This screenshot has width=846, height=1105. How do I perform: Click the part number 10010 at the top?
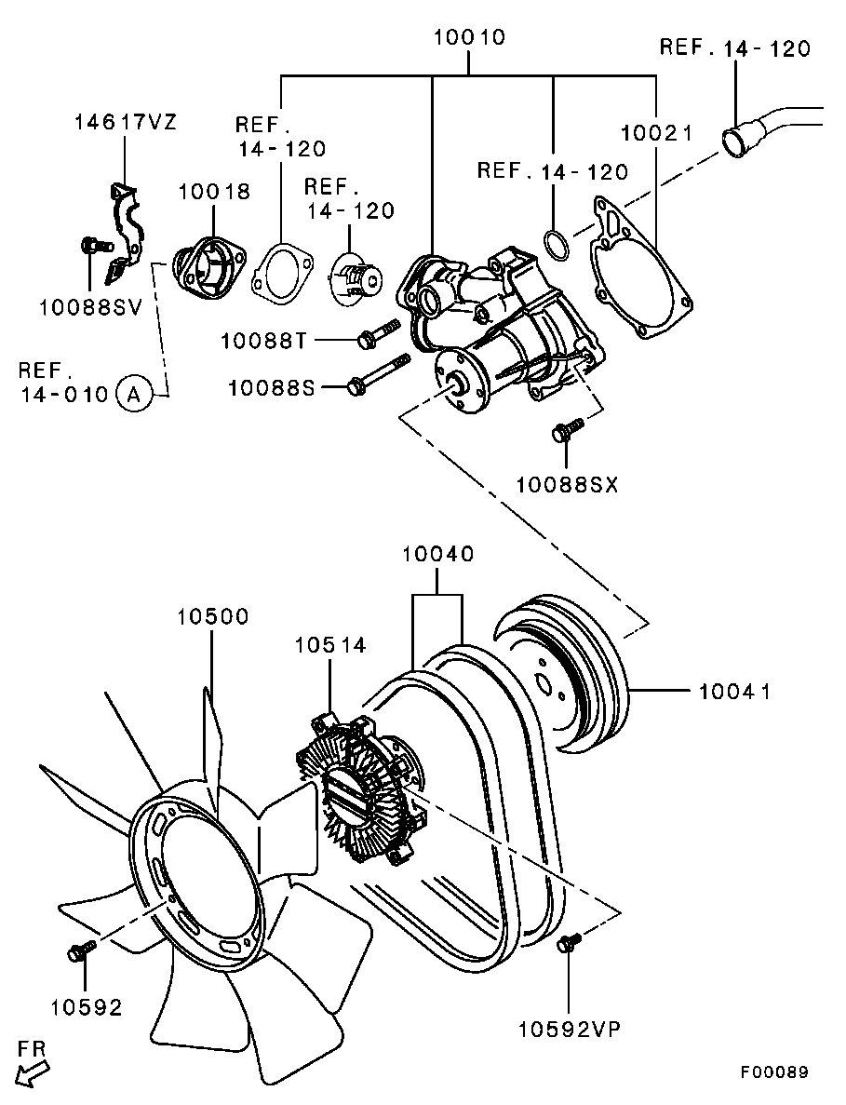(469, 38)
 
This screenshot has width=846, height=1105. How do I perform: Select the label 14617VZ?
(125, 123)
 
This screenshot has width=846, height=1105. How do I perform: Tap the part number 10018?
(214, 192)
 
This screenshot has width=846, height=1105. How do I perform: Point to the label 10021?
(657, 133)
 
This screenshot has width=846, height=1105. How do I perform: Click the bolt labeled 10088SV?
(93, 246)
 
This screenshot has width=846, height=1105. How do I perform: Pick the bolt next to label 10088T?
(378, 333)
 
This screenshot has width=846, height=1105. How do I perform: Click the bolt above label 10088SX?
(566, 429)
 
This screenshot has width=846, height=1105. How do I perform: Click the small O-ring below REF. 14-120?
(556, 245)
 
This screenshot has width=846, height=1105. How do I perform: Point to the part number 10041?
(734, 692)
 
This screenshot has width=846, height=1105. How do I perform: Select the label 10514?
(330, 645)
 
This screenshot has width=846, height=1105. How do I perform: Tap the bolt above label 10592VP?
(567, 943)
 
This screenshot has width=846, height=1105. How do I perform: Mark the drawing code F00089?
(774, 1071)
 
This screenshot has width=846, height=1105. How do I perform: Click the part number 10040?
(437, 555)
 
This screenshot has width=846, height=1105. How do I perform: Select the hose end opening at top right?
(737, 142)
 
